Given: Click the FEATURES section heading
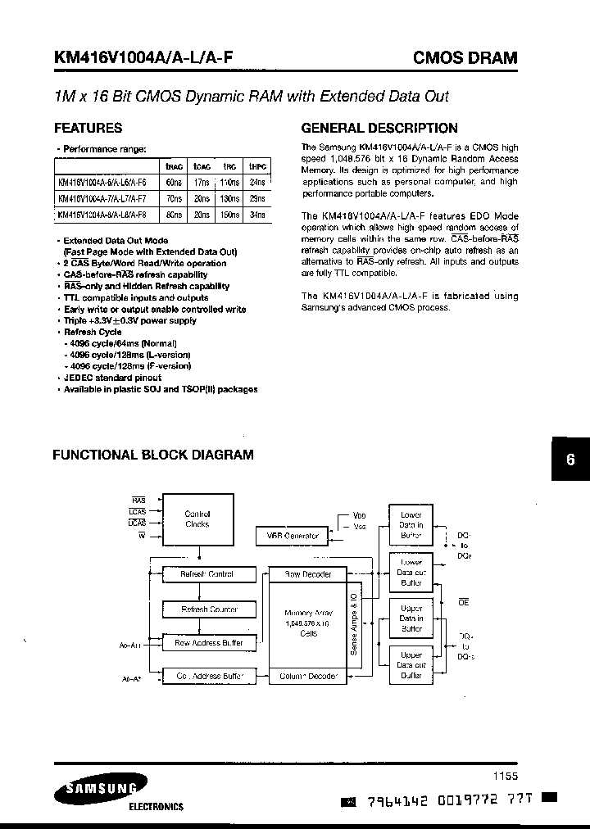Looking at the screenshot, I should click(x=88, y=128).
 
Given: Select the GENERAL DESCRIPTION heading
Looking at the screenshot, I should click(x=379, y=128).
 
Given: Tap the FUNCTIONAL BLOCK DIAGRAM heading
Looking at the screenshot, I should click(x=153, y=455).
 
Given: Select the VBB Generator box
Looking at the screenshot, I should click(x=293, y=536).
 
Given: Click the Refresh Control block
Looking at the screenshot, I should click(x=206, y=574).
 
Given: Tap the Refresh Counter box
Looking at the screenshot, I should click(x=209, y=609).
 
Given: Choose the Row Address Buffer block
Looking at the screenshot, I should click(x=209, y=643).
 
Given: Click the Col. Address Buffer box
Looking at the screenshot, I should click(x=209, y=676).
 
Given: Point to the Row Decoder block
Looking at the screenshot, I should click(x=307, y=574).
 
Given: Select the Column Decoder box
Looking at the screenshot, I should click(x=307, y=676).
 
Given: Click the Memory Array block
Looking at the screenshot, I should click(x=307, y=623).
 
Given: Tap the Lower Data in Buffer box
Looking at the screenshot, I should click(x=411, y=525).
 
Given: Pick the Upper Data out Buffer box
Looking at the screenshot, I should click(x=411, y=665).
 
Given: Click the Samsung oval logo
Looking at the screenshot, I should click(x=97, y=789).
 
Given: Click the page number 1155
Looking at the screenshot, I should click(x=506, y=775).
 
